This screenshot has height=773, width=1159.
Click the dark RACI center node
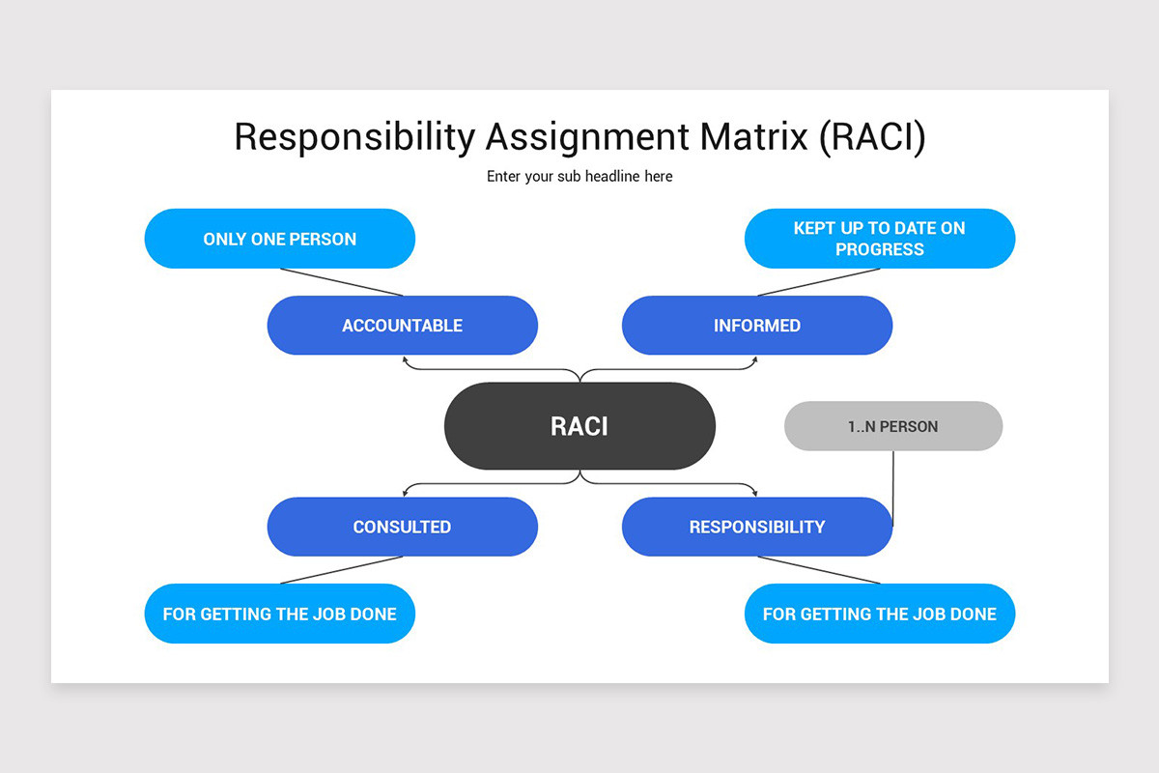click(579, 426)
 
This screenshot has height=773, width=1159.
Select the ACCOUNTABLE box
click(402, 326)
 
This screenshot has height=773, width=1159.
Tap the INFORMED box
click(757, 326)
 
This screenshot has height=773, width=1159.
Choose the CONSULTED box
click(402, 527)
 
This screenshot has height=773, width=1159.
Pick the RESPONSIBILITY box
click(757, 527)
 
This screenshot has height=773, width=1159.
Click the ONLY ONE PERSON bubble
click(280, 239)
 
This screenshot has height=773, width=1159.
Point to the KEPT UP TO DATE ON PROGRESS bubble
click(879, 239)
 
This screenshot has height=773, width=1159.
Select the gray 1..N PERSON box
click(893, 426)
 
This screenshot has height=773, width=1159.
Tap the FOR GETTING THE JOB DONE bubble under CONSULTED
click(280, 614)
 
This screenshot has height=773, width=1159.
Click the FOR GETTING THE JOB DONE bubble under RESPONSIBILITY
click(879, 614)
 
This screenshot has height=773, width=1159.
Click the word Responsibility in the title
click(353, 138)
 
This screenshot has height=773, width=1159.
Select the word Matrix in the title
click(754, 137)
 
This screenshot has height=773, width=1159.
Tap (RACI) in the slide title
click(872, 137)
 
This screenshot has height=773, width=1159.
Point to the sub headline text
click(579, 176)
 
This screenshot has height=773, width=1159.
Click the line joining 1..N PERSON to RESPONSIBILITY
click(892, 488)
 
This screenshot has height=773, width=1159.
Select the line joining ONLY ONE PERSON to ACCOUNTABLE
click(341, 282)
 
